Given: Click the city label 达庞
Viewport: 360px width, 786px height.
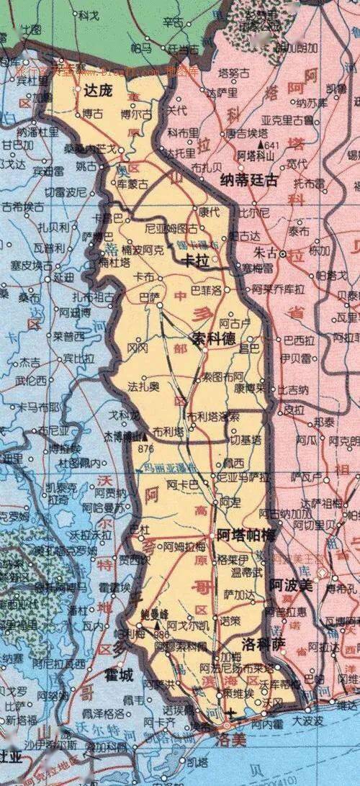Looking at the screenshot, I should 99,91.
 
